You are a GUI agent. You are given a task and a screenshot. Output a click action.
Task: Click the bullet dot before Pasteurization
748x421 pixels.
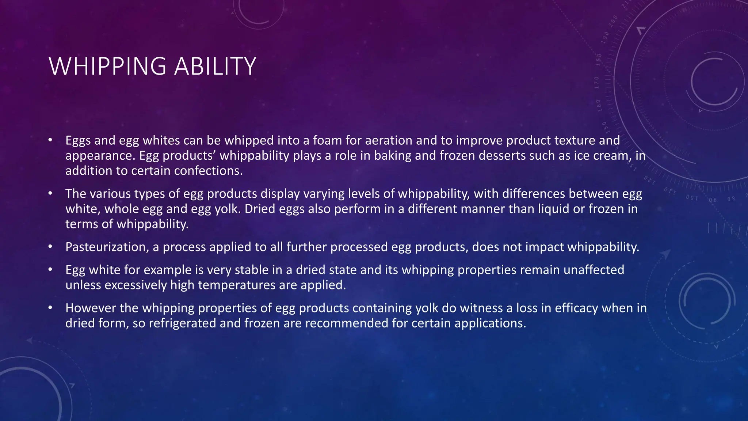tap(50, 247)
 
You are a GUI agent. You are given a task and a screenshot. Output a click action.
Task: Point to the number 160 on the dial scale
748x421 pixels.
tap(599, 105)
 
